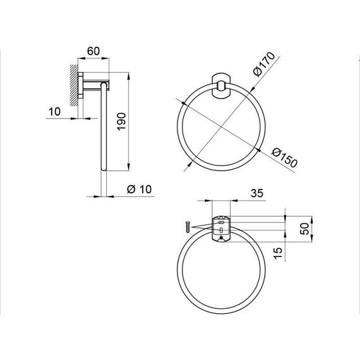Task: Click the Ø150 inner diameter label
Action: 281,157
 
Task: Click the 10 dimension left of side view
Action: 54,112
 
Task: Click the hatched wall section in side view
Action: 75,82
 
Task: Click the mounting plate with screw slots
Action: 220,229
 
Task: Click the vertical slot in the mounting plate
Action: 220,230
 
